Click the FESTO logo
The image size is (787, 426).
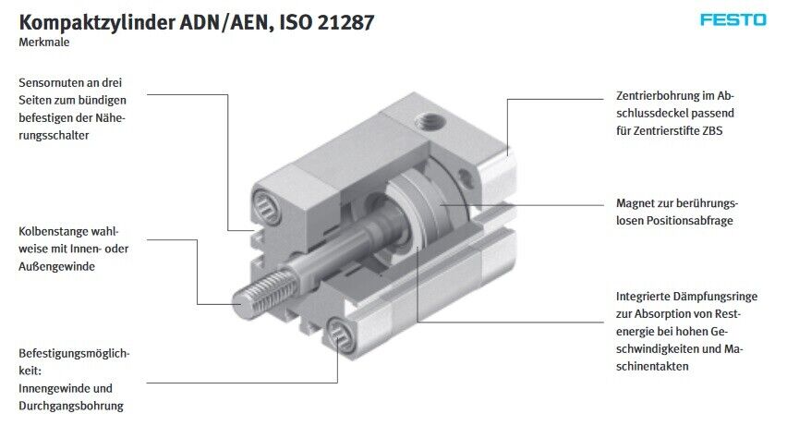click(x=733, y=20)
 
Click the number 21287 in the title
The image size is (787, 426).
click(x=345, y=22)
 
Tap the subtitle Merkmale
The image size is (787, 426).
click(x=44, y=43)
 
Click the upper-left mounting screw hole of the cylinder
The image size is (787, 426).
click(x=267, y=205)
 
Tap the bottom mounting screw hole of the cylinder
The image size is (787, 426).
click(x=340, y=333)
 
